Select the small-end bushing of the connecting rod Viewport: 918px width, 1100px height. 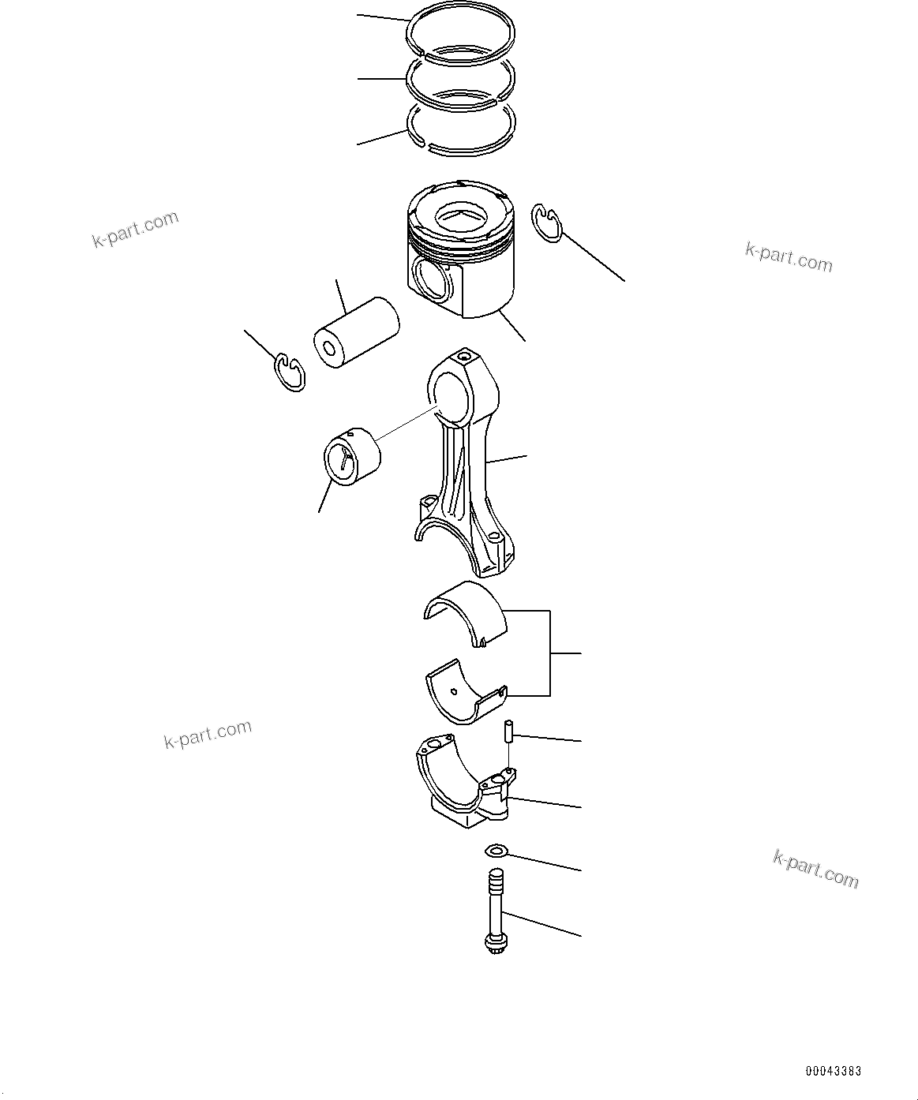click(352, 457)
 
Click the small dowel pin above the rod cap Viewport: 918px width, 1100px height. click(509, 731)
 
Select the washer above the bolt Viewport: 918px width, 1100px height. click(496, 851)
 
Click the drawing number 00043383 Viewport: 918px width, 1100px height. click(833, 1072)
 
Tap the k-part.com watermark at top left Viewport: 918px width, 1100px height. click(136, 230)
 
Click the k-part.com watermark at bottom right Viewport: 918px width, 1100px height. click(815, 869)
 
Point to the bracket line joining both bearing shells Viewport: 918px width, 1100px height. click(550, 653)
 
